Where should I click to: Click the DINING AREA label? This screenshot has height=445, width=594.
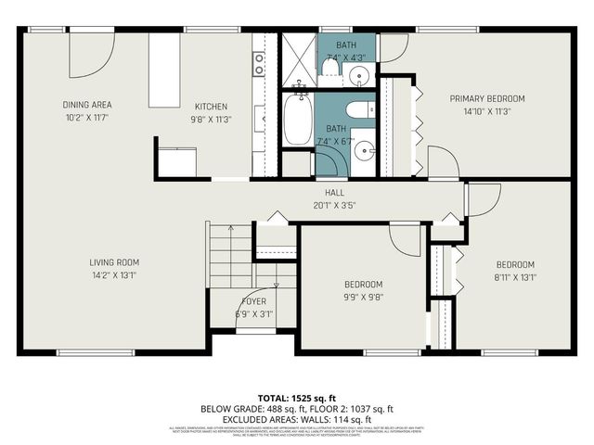[x=87, y=105]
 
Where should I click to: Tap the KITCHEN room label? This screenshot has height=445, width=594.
[x=211, y=107]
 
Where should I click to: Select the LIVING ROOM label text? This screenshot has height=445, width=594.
[x=114, y=262]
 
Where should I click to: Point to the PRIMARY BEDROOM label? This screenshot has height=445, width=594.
[x=487, y=98]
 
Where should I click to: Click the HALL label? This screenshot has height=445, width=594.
[x=322, y=192]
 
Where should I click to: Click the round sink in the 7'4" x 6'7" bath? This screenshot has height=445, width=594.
[x=366, y=147]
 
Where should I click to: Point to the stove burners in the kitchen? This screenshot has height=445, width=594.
[x=260, y=62]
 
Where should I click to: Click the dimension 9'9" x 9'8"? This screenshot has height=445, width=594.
[x=363, y=298]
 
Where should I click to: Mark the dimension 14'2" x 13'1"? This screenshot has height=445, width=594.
[x=114, y=274]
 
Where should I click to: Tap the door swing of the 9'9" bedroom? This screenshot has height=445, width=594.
[x=407, y=240]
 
